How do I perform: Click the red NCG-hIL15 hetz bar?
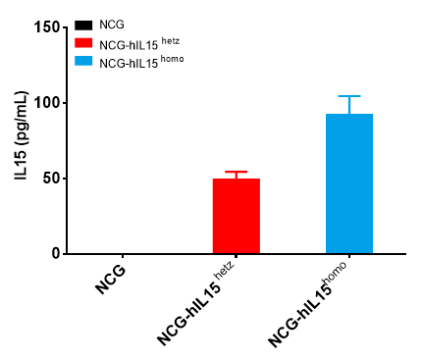[236, 216]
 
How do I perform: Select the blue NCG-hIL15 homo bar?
[349, 183]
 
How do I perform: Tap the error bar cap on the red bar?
[236, 172]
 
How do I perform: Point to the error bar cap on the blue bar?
[349, 96]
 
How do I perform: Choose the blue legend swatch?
[83, 61]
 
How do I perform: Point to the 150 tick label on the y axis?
[45, 27]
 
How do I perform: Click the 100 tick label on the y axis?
[45, 103]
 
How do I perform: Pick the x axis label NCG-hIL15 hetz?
[196, 306]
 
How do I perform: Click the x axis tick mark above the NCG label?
[122, 258]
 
